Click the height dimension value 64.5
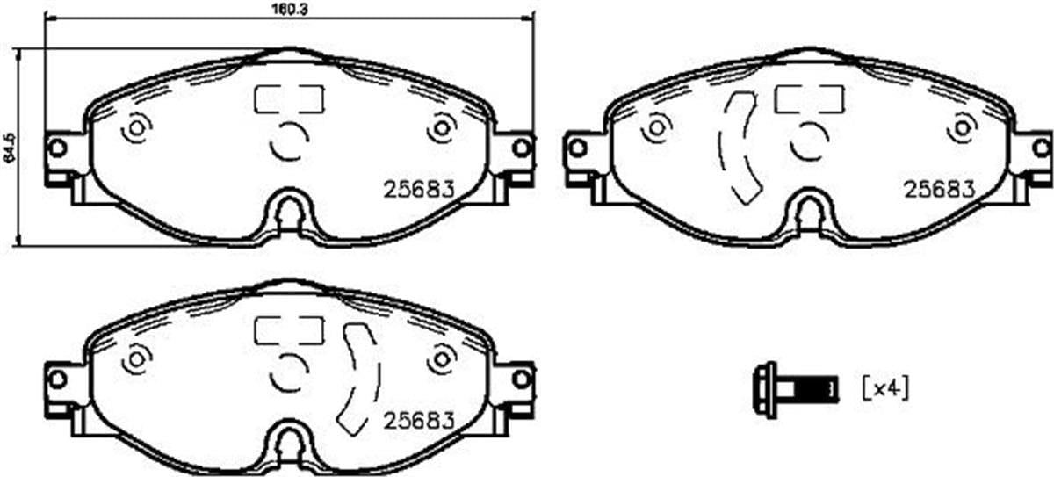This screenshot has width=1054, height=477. [10, 148]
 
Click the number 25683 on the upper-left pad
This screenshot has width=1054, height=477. [419, 188]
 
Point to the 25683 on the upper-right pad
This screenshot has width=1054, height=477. [939, 188]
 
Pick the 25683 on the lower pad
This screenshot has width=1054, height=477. [419, 420]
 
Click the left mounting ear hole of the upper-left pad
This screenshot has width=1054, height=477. [57, 148]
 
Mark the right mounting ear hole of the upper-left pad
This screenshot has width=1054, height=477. [522, 148]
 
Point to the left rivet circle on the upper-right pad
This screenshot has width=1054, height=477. [654, 129]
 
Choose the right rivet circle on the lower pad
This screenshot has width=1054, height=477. [442, 358]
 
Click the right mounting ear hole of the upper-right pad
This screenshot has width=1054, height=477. [1043, 148]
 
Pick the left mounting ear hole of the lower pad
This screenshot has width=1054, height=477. [57, 379]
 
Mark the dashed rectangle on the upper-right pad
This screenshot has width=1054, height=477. [809, 99]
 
